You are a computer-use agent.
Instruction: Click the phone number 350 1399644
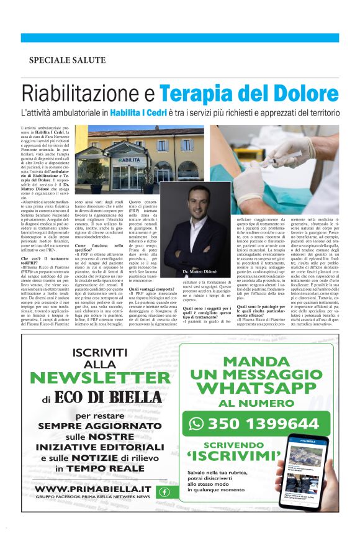pyautogui.click(x=263, y=424)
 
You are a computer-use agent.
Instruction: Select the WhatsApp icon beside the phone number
pyautogui.click(x=197, y=424)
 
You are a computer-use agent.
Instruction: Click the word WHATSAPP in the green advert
pyautogui.click(x=256, y=388)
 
